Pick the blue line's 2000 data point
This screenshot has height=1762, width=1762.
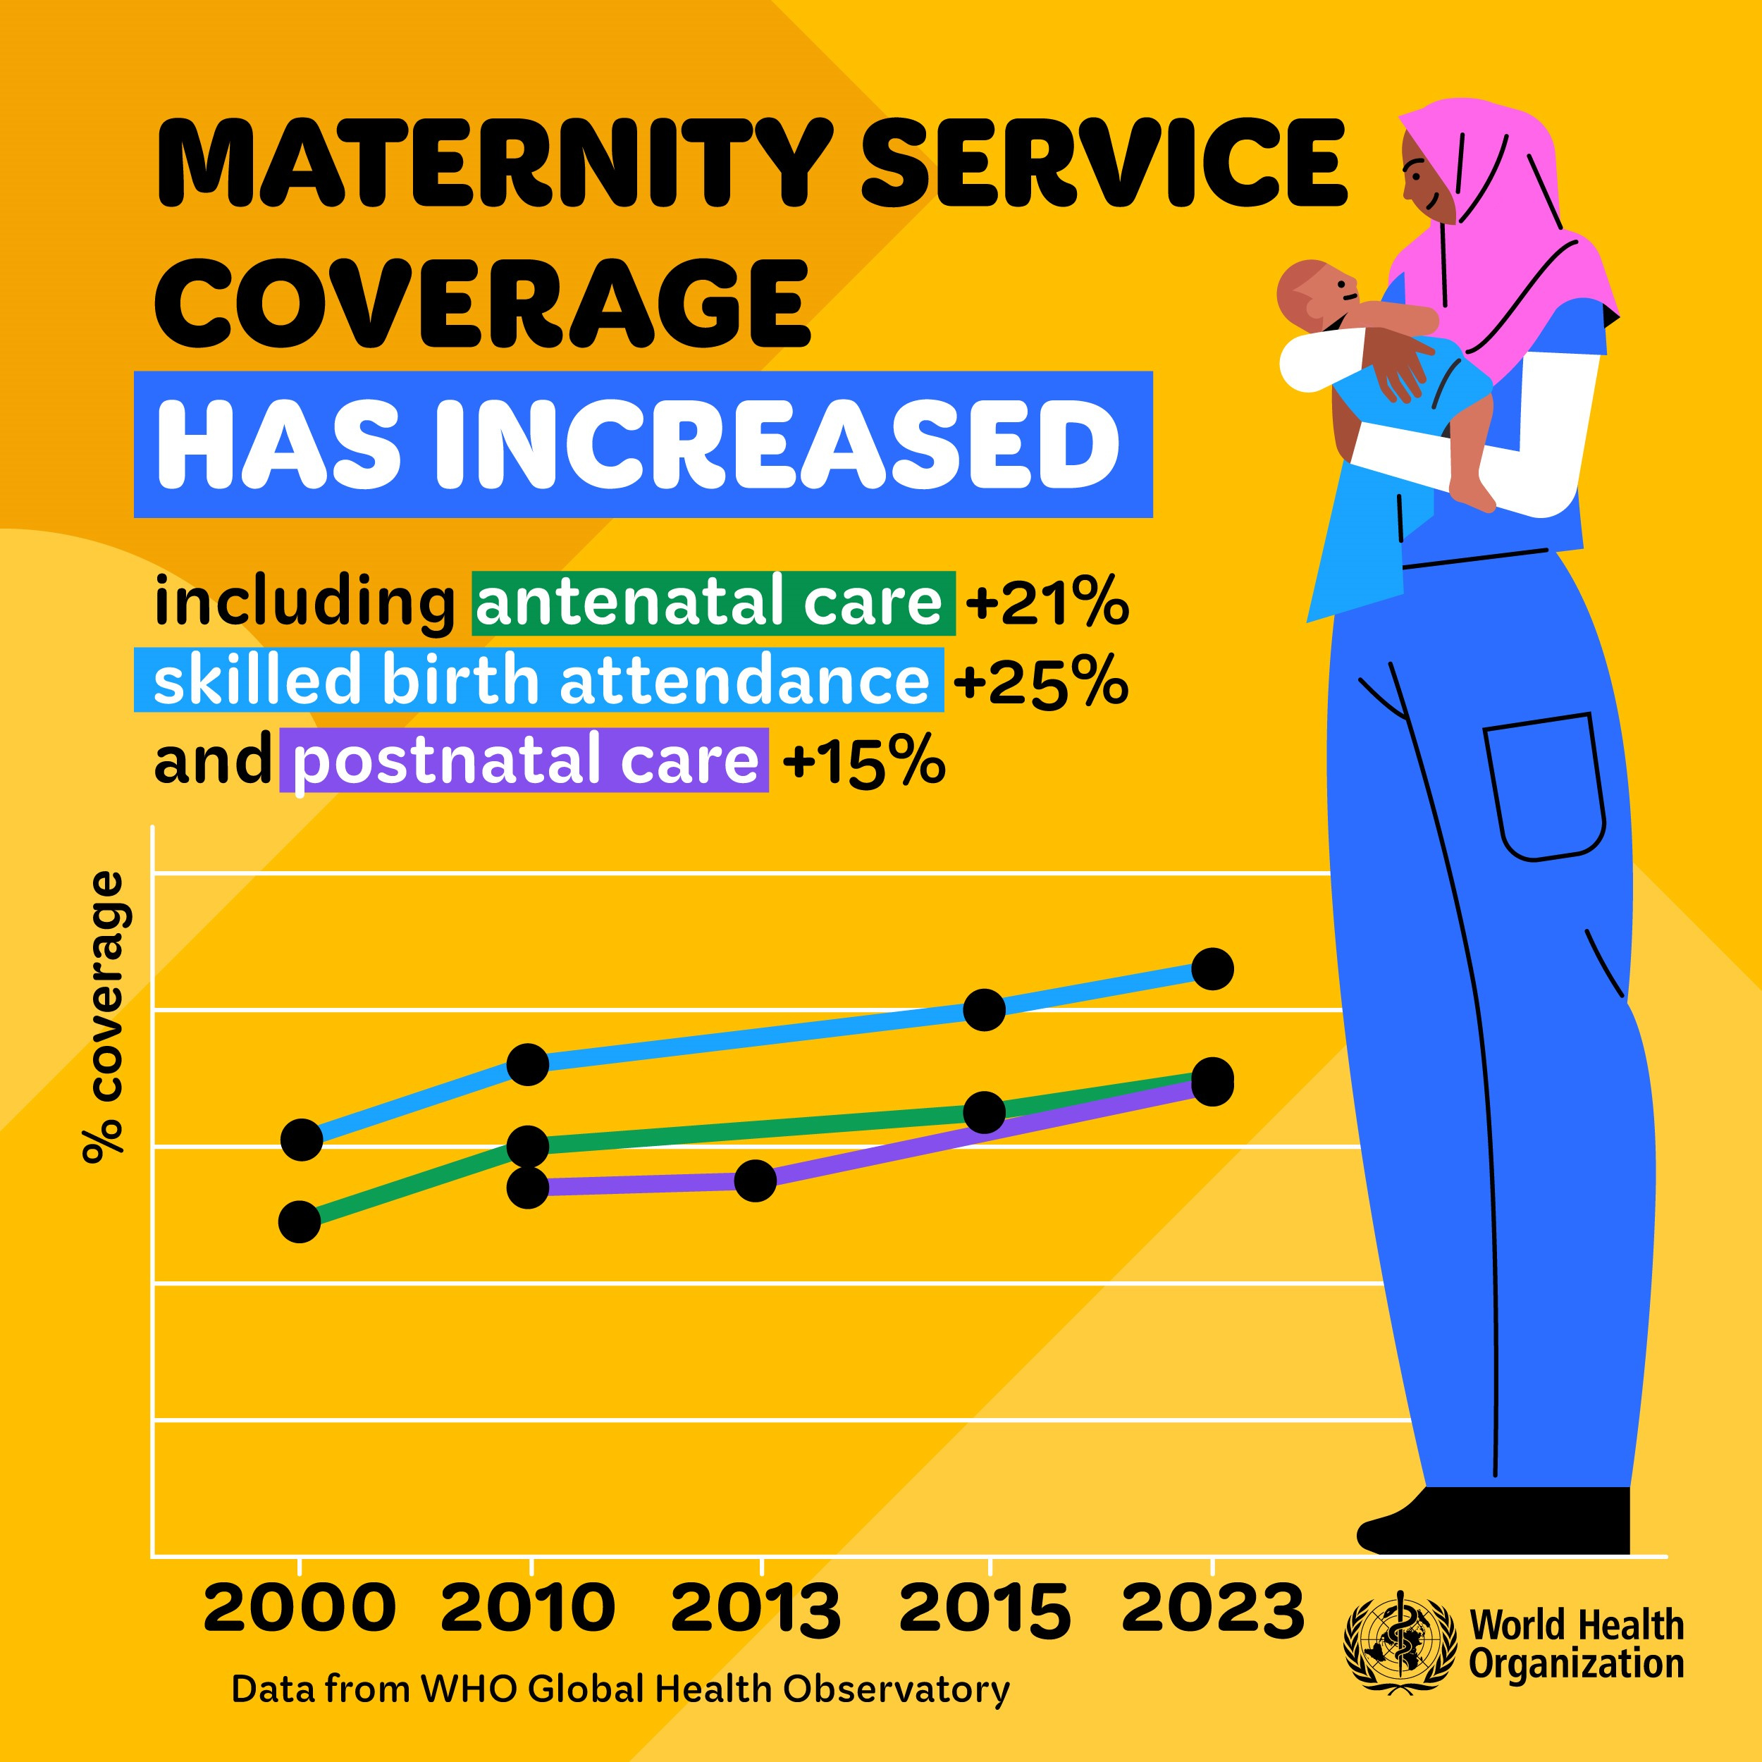coord(302,1140)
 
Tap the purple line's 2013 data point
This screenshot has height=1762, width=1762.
coord(755,1181)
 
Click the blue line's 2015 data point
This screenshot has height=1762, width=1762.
coord(984,1009)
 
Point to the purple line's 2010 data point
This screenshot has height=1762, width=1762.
coord(527,1188)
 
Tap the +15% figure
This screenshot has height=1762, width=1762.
coord(863,761)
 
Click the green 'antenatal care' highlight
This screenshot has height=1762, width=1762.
coord(713,603)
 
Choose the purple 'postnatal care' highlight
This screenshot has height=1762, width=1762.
coord(524,761)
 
